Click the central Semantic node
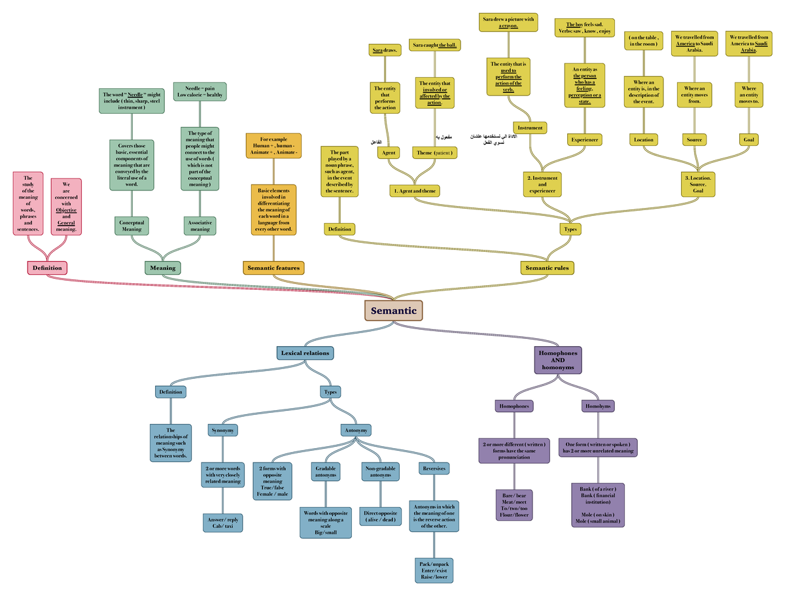point(394,311)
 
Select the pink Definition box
point(47,268)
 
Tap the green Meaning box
point(162,268)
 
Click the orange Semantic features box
point(273,268)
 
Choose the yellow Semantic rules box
point(548,268)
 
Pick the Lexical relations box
point(305,353)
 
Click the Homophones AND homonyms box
point(557,360)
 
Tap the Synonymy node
point(224,430)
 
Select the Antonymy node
point(356,430)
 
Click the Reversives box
point(434,468)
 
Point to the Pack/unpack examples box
point(434,570)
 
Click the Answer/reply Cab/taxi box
point(224,523)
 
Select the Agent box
point(389,152)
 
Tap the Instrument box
point(530,128)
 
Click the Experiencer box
point(584,139)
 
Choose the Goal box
point(749,139)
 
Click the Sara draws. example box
point(385,50)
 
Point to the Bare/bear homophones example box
point(514,504)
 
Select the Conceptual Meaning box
point(131,226)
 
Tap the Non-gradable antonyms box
point(380,472)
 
